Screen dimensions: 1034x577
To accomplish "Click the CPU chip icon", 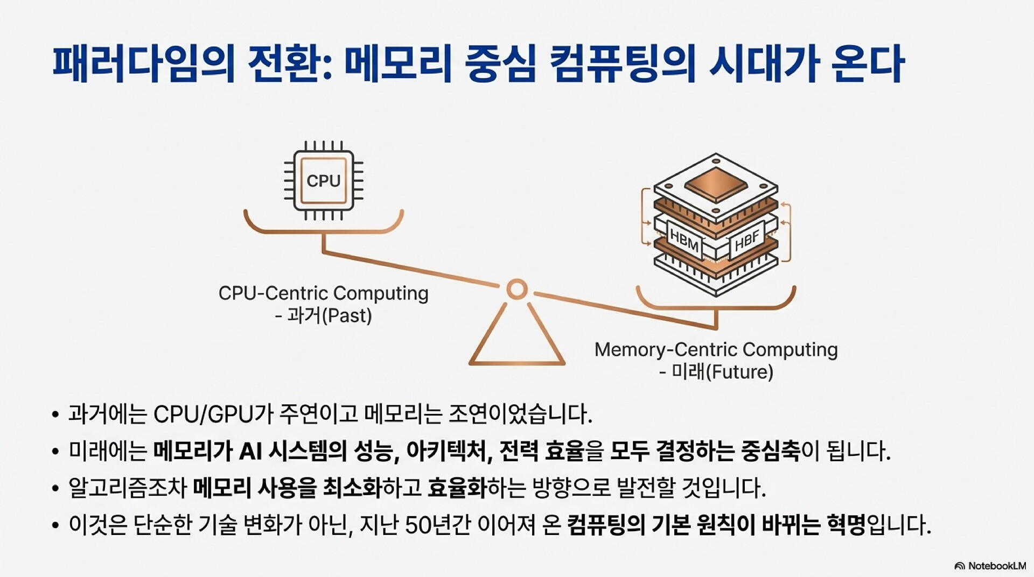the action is tap(324, 180).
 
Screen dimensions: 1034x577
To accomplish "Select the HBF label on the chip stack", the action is tap(747, 241).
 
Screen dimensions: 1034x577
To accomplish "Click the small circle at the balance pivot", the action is tap(517, 290).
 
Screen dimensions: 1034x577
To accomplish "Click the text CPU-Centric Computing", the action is tap(323, 293).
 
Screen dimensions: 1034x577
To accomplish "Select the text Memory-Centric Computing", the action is tap(716, 350).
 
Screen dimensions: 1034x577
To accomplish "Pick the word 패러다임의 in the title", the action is tap(144, 64).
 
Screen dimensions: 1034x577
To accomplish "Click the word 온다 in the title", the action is tap(867, 64).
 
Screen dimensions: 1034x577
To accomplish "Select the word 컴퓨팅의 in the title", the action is tap(623, 64).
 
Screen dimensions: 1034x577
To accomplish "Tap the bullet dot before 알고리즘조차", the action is tap(55, 489).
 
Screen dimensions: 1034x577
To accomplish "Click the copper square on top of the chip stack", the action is tap(716, 183).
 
